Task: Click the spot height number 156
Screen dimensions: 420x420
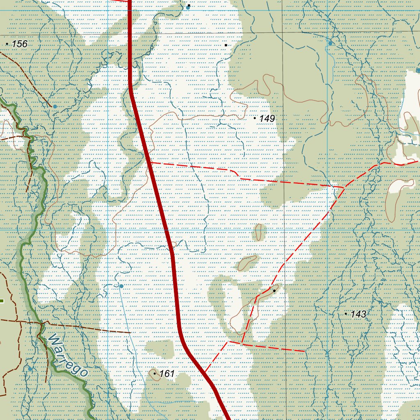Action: coord(19,44)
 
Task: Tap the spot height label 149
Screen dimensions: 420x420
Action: coord(267,119)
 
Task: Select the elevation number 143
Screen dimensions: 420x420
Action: coord(358,314)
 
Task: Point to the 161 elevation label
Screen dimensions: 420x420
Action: coord(167,374)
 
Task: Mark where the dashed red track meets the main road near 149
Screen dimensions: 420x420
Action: coord(148,162)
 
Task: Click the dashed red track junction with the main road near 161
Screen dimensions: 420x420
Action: coord(205,372)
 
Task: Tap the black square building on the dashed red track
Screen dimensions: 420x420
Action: coord(274,290)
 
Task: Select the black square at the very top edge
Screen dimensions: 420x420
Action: coord(189,5)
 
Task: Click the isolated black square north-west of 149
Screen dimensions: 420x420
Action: coord(226,45)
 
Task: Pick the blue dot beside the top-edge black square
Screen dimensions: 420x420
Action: coord(188,8)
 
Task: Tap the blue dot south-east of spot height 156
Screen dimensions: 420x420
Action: coord(55,107)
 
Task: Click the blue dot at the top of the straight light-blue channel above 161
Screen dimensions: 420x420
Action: coord(121,286)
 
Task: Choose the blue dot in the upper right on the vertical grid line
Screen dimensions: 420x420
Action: coord(330,43)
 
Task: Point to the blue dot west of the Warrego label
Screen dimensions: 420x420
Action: coord(30,369)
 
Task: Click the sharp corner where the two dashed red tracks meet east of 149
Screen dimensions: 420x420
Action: coord(344,187)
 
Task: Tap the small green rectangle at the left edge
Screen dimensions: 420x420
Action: coord(2,301)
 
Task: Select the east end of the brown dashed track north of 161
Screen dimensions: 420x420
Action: coord(130,332)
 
